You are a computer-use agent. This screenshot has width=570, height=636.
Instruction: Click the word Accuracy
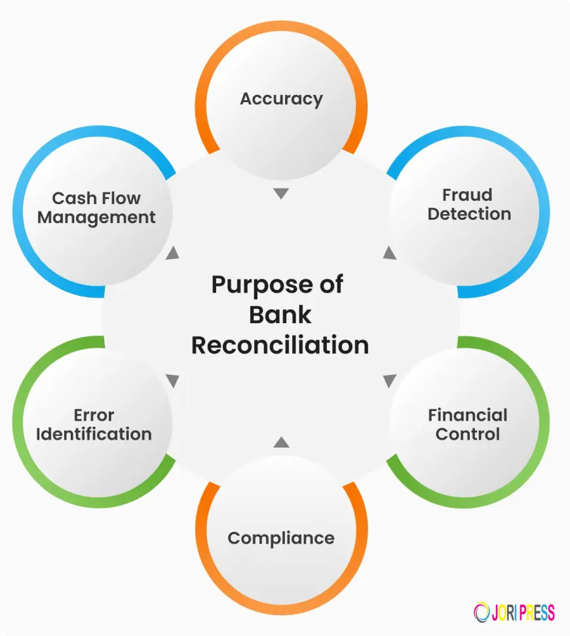point(281,99)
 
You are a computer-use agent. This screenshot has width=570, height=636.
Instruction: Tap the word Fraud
point(467,195)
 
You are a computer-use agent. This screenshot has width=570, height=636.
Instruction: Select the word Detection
point(469,214)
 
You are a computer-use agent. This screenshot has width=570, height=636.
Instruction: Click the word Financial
point(468,415)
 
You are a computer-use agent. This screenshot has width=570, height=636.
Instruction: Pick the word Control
point(468,434)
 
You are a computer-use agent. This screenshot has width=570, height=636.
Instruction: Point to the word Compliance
point(281,539)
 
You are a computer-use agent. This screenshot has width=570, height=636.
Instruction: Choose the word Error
point(94,415)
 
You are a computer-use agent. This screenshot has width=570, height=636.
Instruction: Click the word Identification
point(94,434)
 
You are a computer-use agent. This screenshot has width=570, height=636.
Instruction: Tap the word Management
point(96,217)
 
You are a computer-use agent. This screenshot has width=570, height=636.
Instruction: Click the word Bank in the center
point(280,315)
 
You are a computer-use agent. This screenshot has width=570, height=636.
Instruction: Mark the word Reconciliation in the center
point(280,345)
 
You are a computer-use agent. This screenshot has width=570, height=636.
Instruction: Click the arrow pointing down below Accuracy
point(281,194)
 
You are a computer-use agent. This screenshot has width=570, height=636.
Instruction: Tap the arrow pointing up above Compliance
point(281,442)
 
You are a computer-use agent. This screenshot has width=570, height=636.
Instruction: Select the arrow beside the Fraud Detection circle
point(389,253)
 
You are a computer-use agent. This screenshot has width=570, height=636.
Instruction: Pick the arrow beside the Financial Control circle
point(389,380)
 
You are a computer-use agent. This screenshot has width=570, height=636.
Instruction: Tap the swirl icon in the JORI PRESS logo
point(482,612)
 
